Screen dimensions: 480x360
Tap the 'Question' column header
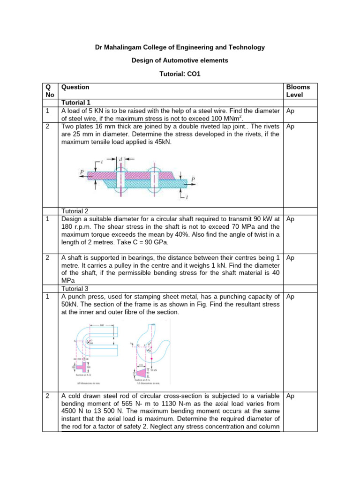pos(75,87)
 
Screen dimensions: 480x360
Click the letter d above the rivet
pos(121,160)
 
